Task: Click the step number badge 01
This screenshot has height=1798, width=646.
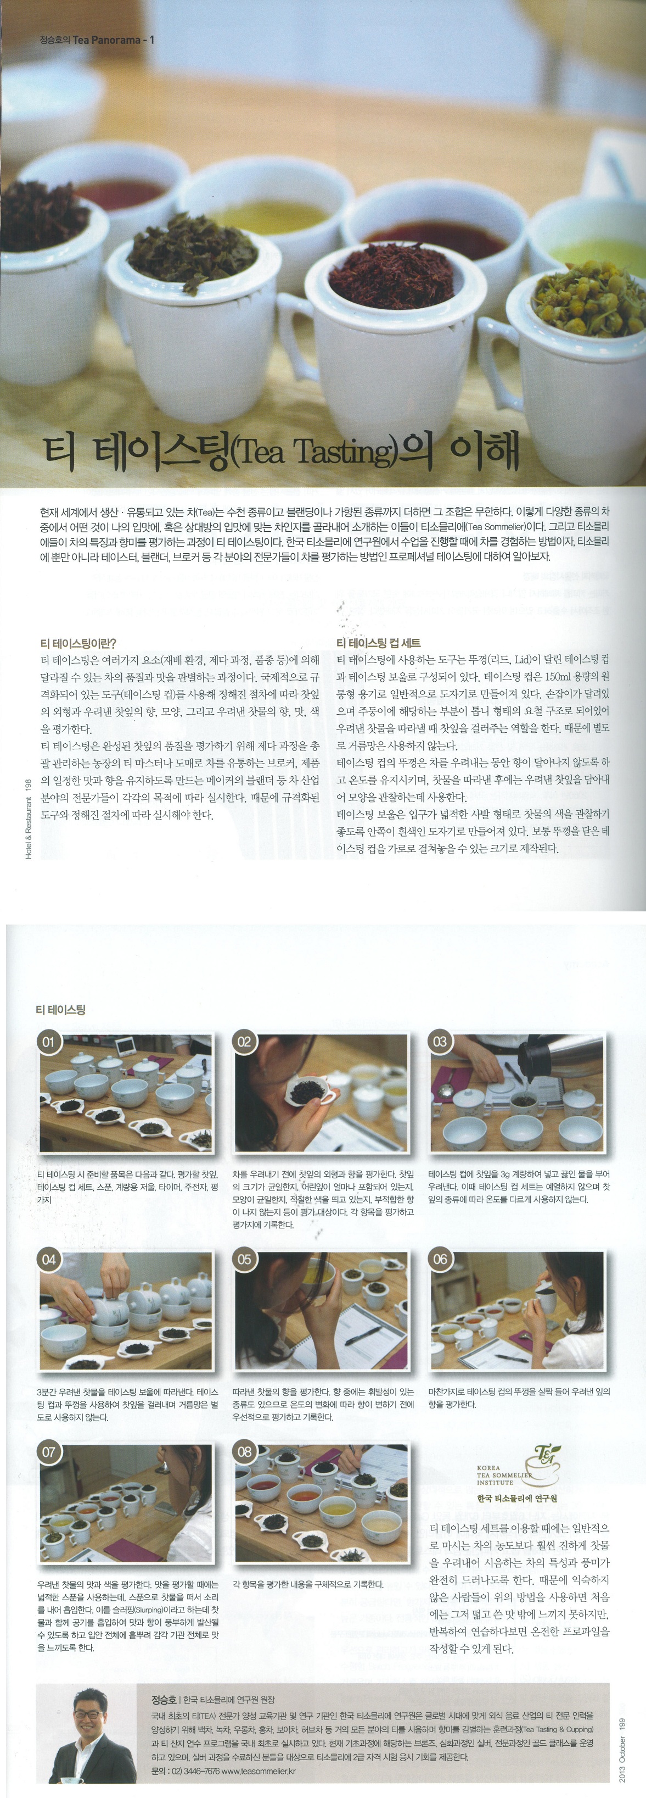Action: pos(49,1043)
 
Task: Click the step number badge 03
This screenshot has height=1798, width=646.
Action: pos(440,1043)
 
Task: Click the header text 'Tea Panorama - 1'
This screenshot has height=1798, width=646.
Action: pos(113,40)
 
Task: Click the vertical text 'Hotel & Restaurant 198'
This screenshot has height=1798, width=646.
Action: pos(29,819)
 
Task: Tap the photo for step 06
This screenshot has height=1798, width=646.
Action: pos(517,1311)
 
